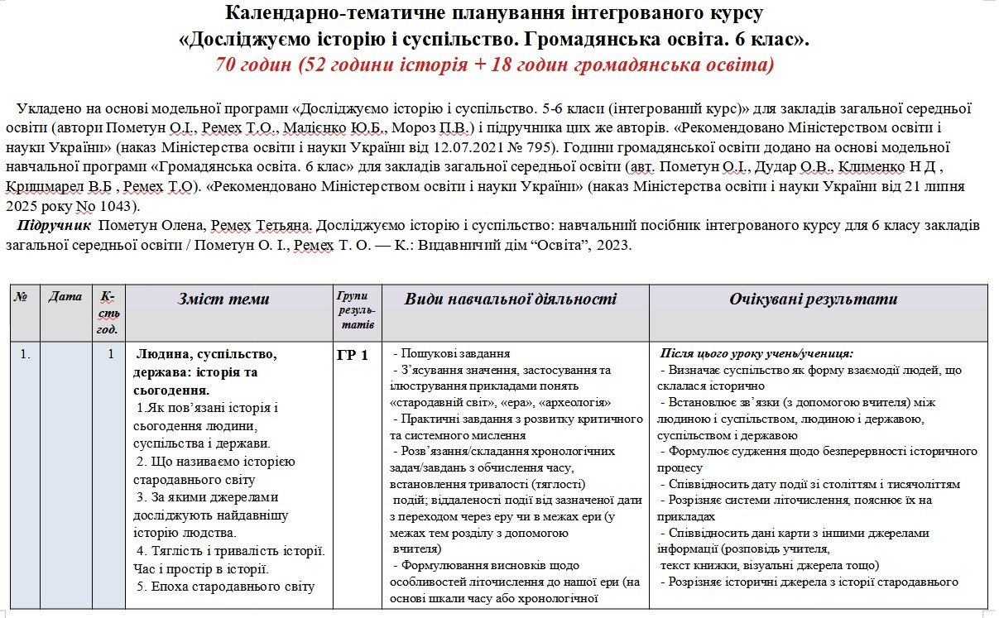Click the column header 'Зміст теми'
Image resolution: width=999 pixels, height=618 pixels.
[x=223, y=299]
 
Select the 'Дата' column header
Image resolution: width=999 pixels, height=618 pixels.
[x=65, y=296]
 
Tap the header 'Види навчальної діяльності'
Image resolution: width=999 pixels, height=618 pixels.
[x=511, y=299]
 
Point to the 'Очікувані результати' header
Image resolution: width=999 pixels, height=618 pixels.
[x=814, y=299]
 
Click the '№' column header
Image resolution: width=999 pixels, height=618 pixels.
[x=21, y=296]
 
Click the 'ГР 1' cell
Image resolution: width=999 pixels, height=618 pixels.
[x=353, y=357]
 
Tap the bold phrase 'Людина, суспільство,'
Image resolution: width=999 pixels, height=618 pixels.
[x=206, y=354]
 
